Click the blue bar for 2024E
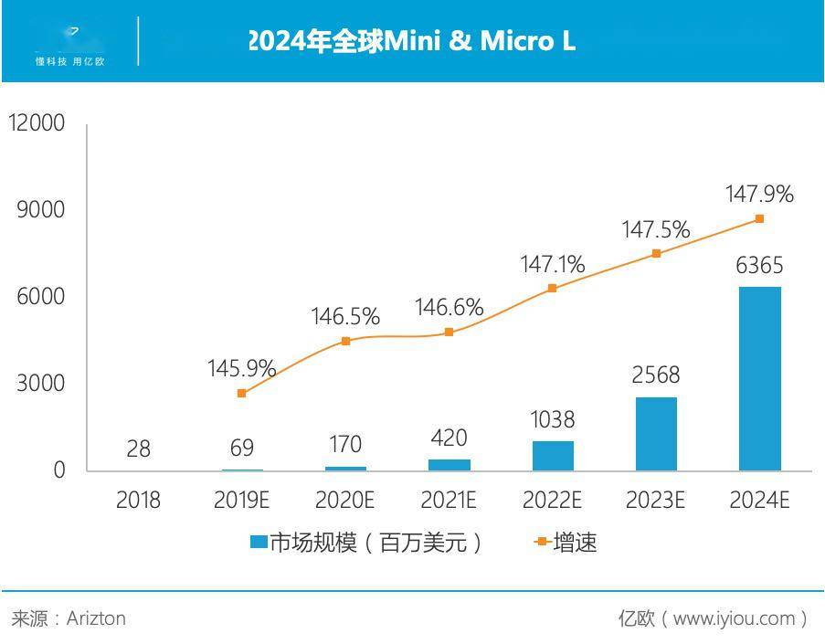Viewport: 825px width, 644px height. click(x=759, y=378)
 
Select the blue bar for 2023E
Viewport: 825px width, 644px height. click(x=656, y=434)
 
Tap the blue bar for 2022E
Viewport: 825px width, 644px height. click(x=553, y=456)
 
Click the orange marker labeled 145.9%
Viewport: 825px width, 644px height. click(x=242, y=393)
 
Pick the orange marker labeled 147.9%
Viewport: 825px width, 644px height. click(x=759, y=219)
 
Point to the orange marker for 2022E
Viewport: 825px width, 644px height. click(x=552, y=288)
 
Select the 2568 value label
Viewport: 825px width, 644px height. click(x=656, y=375)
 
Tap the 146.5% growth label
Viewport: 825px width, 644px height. click(x=345, y=317)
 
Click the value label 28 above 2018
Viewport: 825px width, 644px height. click(x=139, y=449)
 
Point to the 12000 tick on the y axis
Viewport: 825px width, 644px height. click(x=37, y=122)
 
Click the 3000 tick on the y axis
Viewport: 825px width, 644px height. click(x=41, y=383)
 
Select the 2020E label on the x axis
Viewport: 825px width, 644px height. click(x=345, y=501)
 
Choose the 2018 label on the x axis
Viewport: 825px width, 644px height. click(x=139, y=501)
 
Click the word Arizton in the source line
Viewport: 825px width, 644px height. click(x=96, y=618)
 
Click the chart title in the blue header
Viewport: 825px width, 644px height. click(x=412, y=41)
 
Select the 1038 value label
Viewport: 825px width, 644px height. click(x=553, y=419)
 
